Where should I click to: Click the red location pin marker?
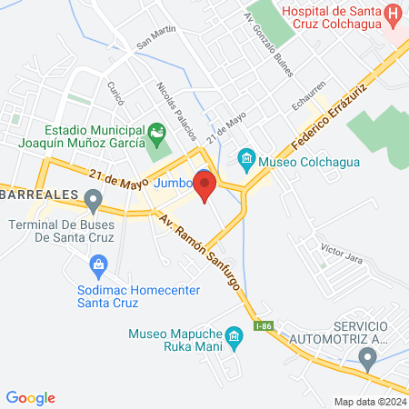click(x=204, y=186)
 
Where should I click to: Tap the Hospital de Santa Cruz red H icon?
click(x=393, y=14)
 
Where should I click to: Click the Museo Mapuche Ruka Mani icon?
click(x=234, y=338)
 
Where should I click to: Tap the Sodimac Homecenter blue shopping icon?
click(x=99, y=266)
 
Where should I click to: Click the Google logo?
click(x=31, y=397)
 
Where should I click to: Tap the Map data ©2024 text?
click(x=369, y=401)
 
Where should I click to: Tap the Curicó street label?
click(x=115, y=92)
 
